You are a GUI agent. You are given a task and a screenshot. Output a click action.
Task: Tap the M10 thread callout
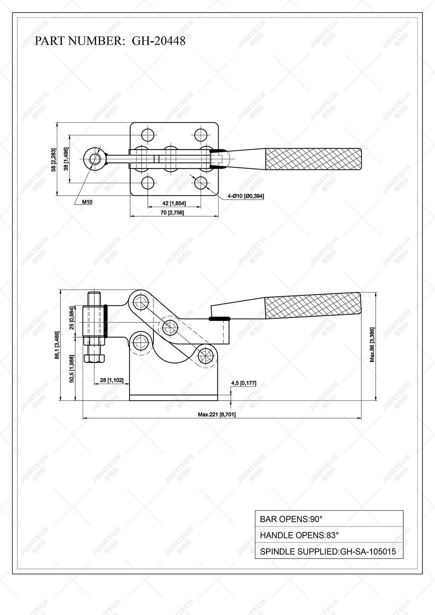(87, 202)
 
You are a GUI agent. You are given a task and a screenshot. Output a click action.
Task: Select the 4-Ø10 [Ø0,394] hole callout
(246, 196)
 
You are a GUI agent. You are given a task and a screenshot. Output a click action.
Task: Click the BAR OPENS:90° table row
(329, 519)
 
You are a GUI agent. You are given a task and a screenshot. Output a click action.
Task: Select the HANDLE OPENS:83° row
(329, 535)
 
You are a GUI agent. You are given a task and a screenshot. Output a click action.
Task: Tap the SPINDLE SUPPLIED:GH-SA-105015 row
(329, 552)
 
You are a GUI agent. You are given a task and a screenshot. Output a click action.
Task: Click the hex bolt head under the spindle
(94, 358)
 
